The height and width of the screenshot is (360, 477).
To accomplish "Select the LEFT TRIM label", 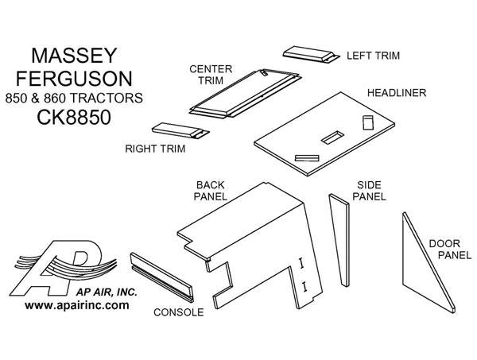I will click(372, 56).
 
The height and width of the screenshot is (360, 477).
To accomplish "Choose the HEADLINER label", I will click(396, 94).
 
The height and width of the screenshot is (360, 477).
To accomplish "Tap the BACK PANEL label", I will click(212, 190).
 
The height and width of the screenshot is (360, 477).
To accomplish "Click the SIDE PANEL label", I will click(370, 189).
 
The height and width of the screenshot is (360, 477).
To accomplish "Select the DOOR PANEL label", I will click(446, 250).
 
